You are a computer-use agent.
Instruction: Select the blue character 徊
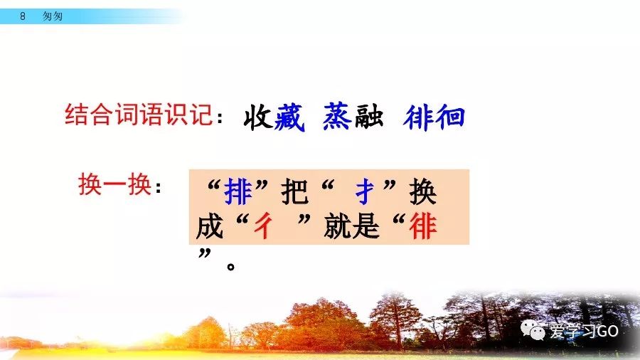click(x=449, y=117)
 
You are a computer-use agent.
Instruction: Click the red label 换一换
click(x=114, y=186)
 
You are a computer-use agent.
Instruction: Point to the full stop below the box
click(x=230, y=268)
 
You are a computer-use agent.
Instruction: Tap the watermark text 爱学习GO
click(x=584, y=332)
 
